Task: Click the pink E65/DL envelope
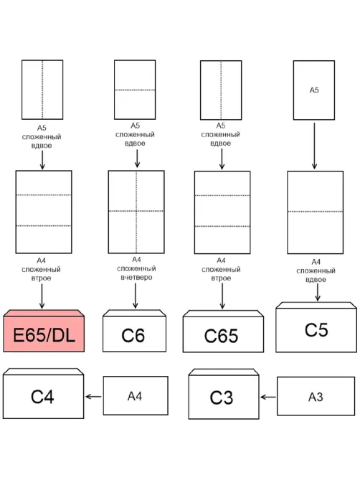coord(44,331)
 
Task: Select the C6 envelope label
coord(133,336)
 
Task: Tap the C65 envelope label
coord(221,336)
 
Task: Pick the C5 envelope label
coord(316,330)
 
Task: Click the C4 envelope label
coord(42,397)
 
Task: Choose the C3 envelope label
coord(222,397)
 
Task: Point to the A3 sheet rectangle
coord(316,396)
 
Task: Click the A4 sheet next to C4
coord(136,395)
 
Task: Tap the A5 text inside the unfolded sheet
coord(314,90)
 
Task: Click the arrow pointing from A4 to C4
coord(93,397)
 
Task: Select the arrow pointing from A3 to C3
coord(268,397)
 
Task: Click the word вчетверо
coord(136,278)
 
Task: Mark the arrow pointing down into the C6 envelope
coord(136,296)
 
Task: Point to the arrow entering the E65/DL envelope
coord(42,296)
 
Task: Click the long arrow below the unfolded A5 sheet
coord(314,146)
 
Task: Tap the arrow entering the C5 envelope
coord(318,292)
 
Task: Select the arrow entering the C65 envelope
coord(222,296)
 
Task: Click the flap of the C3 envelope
coord(224,372)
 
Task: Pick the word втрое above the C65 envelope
coord(221,278)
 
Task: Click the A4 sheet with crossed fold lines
coord(136,212)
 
